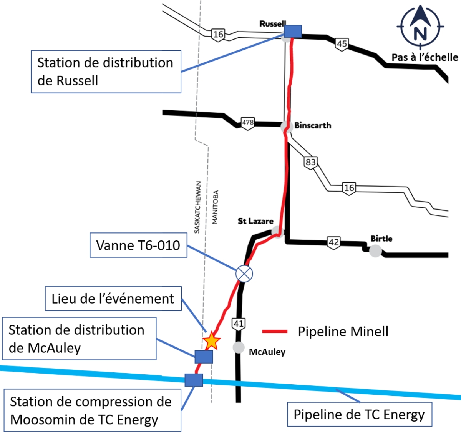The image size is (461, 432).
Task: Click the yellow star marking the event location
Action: pos(212,341)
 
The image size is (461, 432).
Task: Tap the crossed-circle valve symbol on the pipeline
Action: pos(244,274)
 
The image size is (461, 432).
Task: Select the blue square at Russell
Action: pos(293,31)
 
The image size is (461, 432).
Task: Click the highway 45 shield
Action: pos(342,43)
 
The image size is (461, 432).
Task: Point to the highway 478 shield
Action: pos(248,123)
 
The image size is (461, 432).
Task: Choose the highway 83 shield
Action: pos(310,162)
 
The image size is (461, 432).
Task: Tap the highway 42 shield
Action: pos(333,242)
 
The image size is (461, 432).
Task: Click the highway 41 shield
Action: pos(239,324)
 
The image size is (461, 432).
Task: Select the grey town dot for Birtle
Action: pos(375,251)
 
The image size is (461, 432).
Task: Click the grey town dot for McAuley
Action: pos(239,347)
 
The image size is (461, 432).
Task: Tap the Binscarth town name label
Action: pos(313,125)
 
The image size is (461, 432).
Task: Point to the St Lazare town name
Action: pos(255,221)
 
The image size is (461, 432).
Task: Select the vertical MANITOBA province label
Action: pos(215,207)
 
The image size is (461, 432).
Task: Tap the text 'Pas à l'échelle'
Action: pos(425,57)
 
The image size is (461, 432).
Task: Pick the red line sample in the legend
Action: pos(275,331)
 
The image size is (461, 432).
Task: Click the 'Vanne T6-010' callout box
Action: pos(138,245)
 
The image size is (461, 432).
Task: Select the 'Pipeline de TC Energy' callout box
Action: pos(359,414)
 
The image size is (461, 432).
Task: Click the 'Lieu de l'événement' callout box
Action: pos(113,299)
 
